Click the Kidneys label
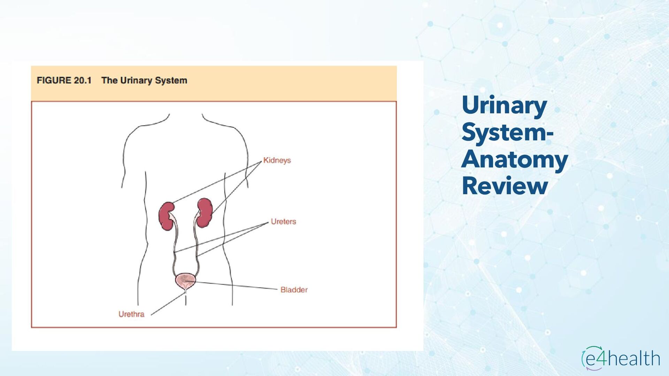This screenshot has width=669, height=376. pyautogui.click(x=277, y=160)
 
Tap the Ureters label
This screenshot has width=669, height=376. pyautogui.click(x=283, y=222)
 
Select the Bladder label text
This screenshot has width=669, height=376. pyautogui.click(x=294, y=290)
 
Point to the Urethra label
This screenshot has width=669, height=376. pyautogui.click(x=131, y=314)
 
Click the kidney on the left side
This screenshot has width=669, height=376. pyautogui.click(x=167, y=216)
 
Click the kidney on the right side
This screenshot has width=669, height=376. pyautogui.click(x=205, y=212)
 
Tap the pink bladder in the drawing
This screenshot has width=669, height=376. pyautogui.click(x=185, y=281)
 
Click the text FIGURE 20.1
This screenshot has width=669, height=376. pyautogui.click(x=64, y=80)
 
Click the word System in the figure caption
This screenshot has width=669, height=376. pyautogui.click(x=171, y=81)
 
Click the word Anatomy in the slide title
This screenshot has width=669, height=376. pyautogui.click(x=515, y=159)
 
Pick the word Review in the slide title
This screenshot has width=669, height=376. pyautogui.click(x=505, y=186)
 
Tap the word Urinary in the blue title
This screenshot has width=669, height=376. pyautogui.click(x=504, y=105)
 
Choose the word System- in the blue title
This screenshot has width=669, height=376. pyautogui.click(x=507, y=132)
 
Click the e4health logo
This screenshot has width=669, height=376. pyautogui.click(x=621, y=358)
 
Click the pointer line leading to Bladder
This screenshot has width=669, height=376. pyautogui.click(x=237, y=285)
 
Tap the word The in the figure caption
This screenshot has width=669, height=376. pyautogui.click(x=109, y=80)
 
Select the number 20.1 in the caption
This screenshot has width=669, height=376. pyautogui.click(x=83, y=80)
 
